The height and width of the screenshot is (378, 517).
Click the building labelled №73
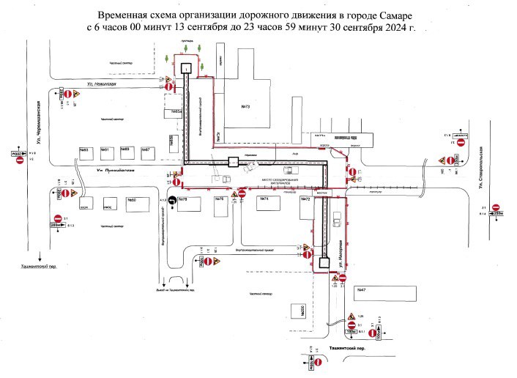tap(245, 108)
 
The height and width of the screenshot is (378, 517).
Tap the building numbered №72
tap(306, 199)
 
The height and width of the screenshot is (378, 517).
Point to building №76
tap(220, 199)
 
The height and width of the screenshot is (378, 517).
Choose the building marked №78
tap(184, 199)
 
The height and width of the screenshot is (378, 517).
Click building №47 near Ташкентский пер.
tap(361, 291)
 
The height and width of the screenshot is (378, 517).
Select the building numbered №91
tap(105, 151)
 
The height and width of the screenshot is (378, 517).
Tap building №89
tap(125, 151)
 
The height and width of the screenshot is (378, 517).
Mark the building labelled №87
tap(146, 151)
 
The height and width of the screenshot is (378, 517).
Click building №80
tap(133, 200)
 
